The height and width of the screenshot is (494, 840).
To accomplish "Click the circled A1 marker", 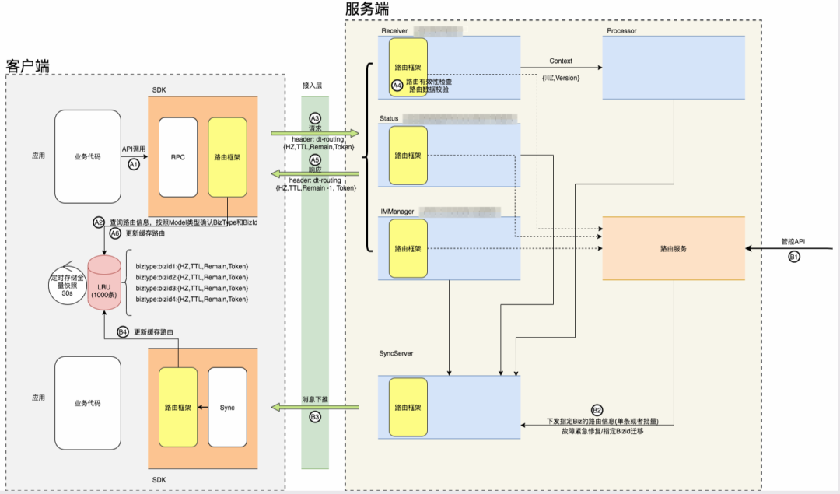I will pyautogui.click(x=133, y=165).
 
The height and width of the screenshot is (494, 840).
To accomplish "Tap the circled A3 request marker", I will pyautogui.click(x=315, y=117).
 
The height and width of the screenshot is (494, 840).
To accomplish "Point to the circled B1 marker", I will pyautogui.click(x=794, y=256).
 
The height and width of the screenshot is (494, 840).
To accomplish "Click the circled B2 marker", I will pyautogui.click(x=597, y=410).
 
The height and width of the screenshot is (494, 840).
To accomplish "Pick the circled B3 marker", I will pyautogui.click(x=315, y=417).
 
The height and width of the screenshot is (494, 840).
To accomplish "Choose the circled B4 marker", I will pyautogui.click(x=123, y=331).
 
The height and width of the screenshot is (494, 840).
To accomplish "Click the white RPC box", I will pyautogui.click(x=178, y=157).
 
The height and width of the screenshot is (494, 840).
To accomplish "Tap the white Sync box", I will pyautogui.click(x=228, y=407).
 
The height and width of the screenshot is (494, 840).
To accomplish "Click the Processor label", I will pyautogui.click(x=622, y=30).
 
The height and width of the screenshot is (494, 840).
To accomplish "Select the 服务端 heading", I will pyautogui.click(x=367, y=9).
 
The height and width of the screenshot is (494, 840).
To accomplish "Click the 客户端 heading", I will pyautogui.click(x=27, y=66).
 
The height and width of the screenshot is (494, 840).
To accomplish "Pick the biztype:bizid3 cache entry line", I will pyautogui.click(x=191, y=288).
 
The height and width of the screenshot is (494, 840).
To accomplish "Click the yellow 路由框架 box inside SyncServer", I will pyautogui.click(x=408, y=407).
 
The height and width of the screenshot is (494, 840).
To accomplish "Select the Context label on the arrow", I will pyautogui.click(x=561, y=60).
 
